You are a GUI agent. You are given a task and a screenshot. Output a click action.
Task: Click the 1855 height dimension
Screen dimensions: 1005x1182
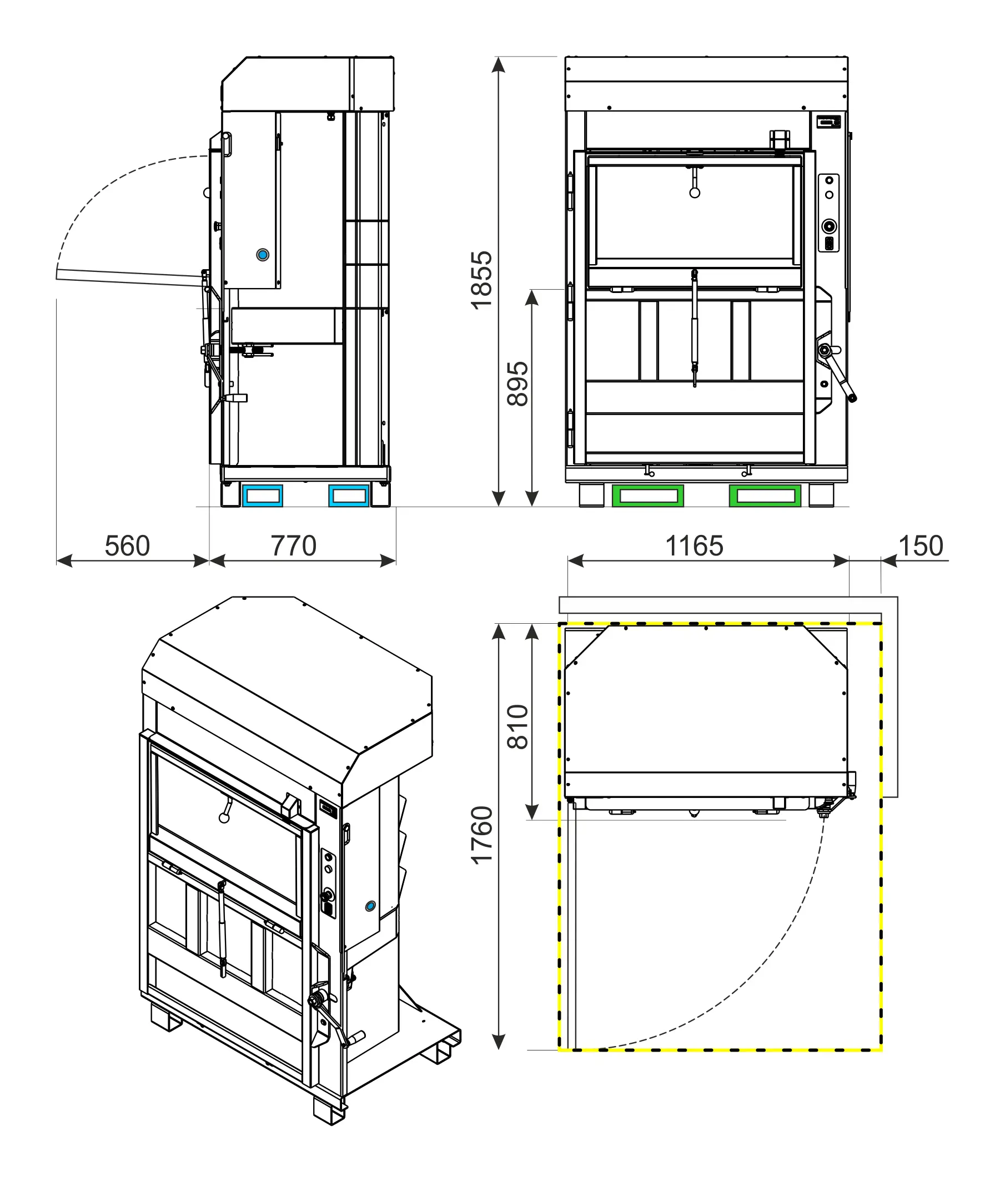click(481, 280)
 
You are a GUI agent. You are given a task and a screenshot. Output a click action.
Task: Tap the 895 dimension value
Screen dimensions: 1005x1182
click(518, 384)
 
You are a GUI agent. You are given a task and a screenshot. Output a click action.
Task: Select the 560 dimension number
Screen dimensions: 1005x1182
click(127, 546)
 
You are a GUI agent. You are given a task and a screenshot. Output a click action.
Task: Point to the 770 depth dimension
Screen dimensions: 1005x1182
click(293, 546)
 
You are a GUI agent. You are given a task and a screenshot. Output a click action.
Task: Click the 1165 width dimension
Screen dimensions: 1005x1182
click(695, 546)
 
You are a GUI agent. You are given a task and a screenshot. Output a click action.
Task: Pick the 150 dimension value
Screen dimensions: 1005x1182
click(921, 546)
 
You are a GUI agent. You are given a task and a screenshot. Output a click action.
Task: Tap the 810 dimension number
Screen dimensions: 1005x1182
click(518, 726)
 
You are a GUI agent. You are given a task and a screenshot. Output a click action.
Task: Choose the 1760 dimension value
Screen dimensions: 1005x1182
click(481, 835)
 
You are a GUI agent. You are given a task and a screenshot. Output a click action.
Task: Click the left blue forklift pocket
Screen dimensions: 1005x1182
click(263, 496)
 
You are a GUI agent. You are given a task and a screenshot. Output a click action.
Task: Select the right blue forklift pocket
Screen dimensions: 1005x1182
click(349, 496)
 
